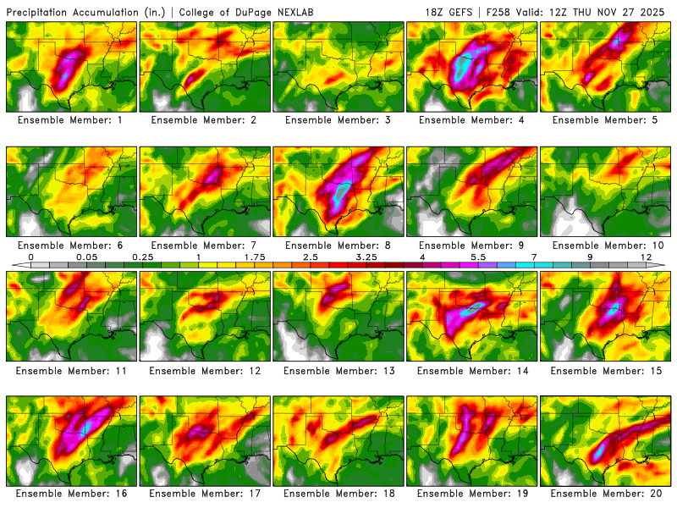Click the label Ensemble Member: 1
coord(72,120)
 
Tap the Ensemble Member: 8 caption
coord(339,246)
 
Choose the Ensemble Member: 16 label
coord(72,494)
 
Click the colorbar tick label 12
coord(646,257)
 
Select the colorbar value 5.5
coord(478,257)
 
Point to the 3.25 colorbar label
coord(366,257)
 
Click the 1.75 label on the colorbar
coord(255,257)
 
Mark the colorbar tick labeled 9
coord(590,257)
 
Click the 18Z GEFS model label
coord(454,12)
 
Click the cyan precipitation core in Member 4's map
coord(464,66)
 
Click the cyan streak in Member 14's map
coord(476,306)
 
